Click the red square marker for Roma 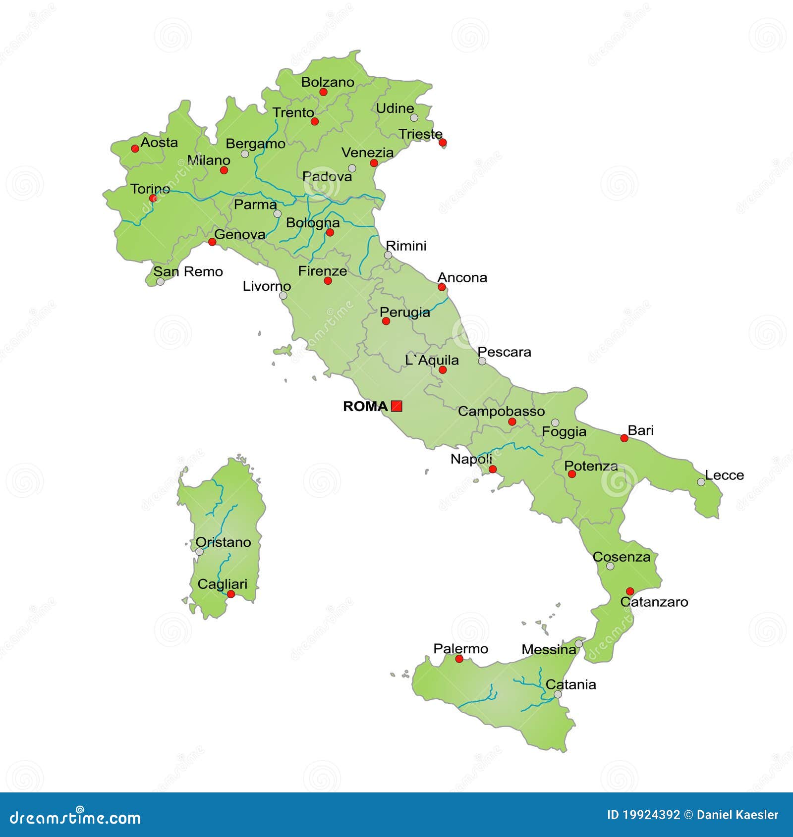(396, 406)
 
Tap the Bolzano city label (328, 82)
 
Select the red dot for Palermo (459, 659)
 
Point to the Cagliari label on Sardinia (222, 584)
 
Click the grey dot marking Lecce (701, 482)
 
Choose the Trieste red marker (443, 143)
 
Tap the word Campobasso (501, 411)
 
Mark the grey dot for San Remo (160, 282)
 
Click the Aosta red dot (135, 148)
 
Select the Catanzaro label (654, 602)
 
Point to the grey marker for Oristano (199, 551)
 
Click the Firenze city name (322, 271)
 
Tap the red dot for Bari (624, 438)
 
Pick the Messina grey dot (578, 644)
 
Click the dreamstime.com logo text (75, 818)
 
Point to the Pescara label (504, 352)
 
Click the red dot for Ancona (442, 287)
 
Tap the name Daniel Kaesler (737, 815)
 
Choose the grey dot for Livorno (283, 296)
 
